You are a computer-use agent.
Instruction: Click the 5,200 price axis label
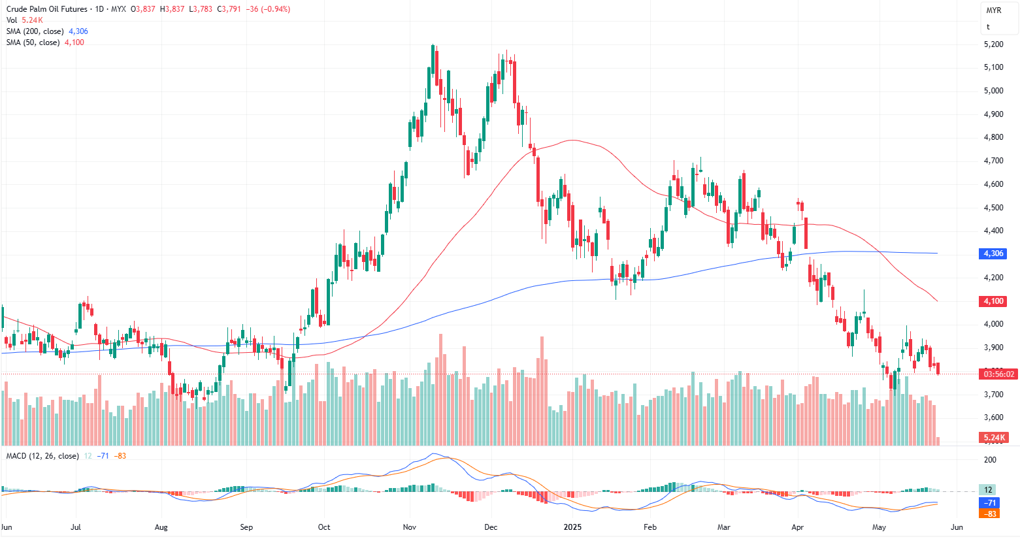tap(993, 44)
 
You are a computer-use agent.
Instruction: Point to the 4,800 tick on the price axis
tap(993, 137)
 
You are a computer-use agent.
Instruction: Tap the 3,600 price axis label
tap(993, 417)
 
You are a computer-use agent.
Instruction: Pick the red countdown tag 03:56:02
tap(999, 374)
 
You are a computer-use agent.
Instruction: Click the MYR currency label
tap(993, 10)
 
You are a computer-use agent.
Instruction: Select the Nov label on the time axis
tap(410, 527)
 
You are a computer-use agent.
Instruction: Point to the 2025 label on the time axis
tap(572, 527)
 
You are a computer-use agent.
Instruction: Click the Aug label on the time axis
tap(161, 527)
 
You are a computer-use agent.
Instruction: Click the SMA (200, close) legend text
tap(35, 31)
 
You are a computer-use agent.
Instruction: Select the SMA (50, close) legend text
tap(33, 42)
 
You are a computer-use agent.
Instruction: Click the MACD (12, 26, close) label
tap(42, 456)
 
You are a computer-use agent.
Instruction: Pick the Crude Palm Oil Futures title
tap(46, 9)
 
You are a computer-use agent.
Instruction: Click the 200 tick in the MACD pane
tap(990, 460)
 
